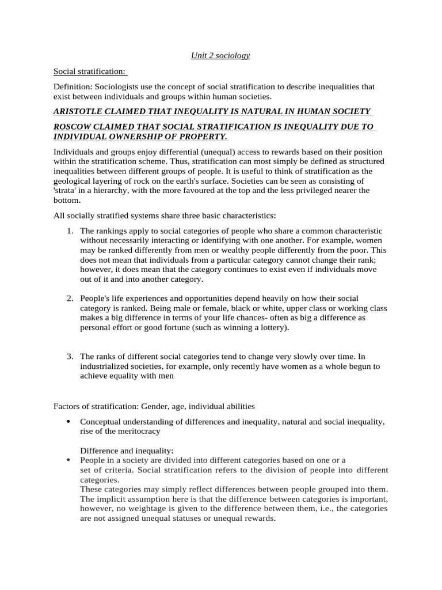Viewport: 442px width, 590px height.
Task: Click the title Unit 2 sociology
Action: pos(220,55)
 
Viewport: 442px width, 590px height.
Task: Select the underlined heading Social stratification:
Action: pos(89,71)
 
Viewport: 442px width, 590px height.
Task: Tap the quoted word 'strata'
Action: pos(65,191)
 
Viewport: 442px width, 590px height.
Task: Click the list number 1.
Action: pos(68,231)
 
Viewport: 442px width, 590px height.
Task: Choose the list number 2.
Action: pos(68,298)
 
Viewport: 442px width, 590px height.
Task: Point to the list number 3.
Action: pos(68,357)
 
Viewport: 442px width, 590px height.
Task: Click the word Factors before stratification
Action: pos(67,407)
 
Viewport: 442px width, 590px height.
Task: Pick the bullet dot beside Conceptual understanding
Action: pos(68,422)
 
